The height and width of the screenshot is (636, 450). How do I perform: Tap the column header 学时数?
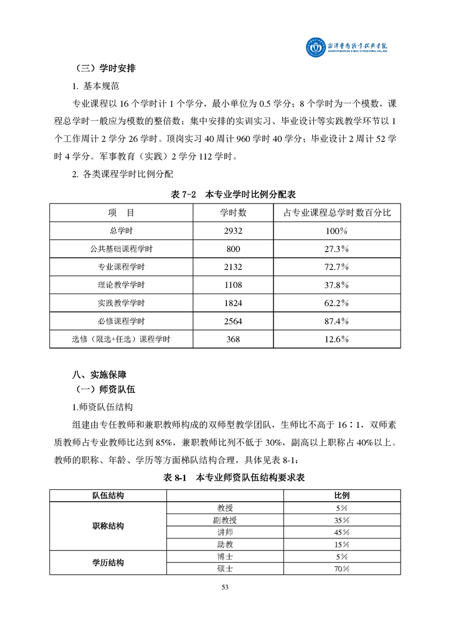233,213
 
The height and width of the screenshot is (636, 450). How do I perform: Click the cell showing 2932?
233,231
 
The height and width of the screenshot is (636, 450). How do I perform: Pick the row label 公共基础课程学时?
121,249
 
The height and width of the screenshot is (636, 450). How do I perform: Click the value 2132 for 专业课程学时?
233,267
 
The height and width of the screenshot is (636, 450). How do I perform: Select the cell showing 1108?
233,285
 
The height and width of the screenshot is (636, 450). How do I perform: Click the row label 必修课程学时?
121,321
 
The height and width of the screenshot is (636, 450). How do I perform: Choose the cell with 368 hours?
233,340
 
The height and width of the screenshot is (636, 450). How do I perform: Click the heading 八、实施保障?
99,375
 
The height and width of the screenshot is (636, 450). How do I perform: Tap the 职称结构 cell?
108,526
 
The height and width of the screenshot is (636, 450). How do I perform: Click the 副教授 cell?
225,520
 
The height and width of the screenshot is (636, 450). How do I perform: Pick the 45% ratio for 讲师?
342,532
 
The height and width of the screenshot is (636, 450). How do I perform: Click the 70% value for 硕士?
342,569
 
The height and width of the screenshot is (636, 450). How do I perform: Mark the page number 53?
225,587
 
